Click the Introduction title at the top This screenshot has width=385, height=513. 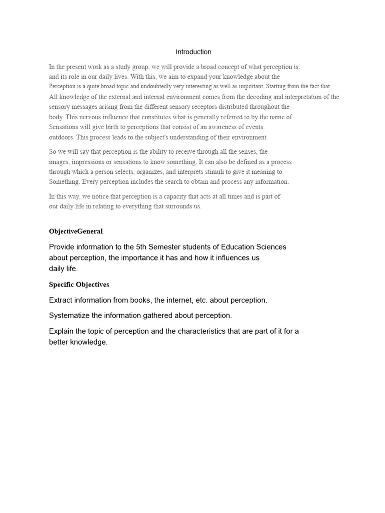[194, 52]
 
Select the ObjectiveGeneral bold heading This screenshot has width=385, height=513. [76, 231]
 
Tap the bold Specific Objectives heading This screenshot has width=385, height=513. [79, 285]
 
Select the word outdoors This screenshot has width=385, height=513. [61, 137]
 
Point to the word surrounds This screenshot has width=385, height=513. [172, 206]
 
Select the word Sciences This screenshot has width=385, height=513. [271, 247]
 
